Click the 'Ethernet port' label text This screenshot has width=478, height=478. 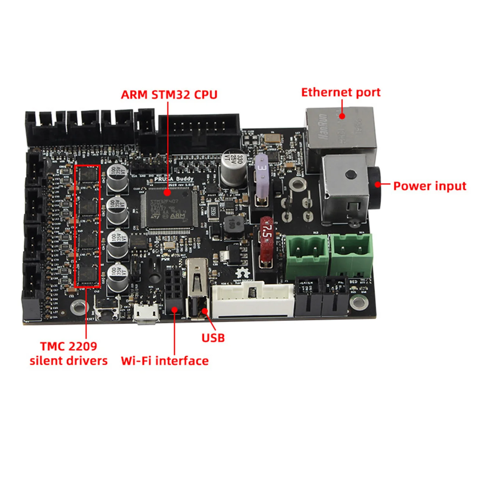pos(340,92)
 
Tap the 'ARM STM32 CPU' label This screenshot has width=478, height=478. pos(169,94)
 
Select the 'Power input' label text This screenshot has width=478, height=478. pos(429,186)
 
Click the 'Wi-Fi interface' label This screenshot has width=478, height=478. pos(164,361)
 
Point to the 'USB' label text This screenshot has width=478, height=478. pos(213,338)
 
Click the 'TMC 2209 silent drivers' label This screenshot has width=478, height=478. pos(69,353)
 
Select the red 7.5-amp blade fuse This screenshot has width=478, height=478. pos(266,241)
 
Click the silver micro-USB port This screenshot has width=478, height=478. pos(146,314)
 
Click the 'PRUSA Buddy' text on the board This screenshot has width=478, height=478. pos(174,179)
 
